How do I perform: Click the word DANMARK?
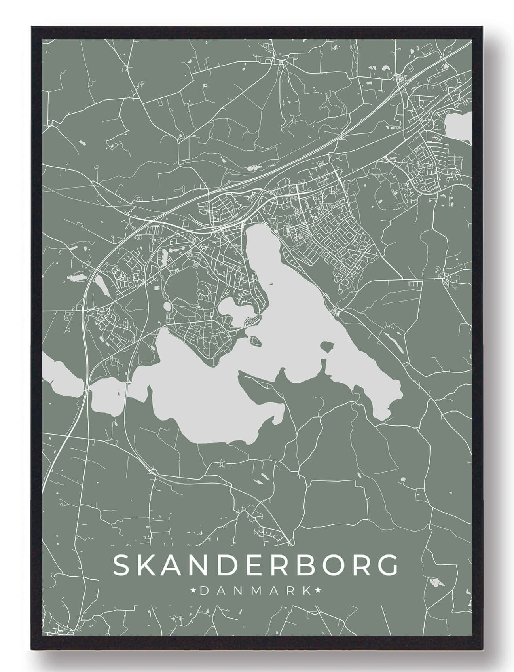[x=256, y=591]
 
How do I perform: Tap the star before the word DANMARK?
[x=194, y=591]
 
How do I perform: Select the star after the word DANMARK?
[x=317, y=591]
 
